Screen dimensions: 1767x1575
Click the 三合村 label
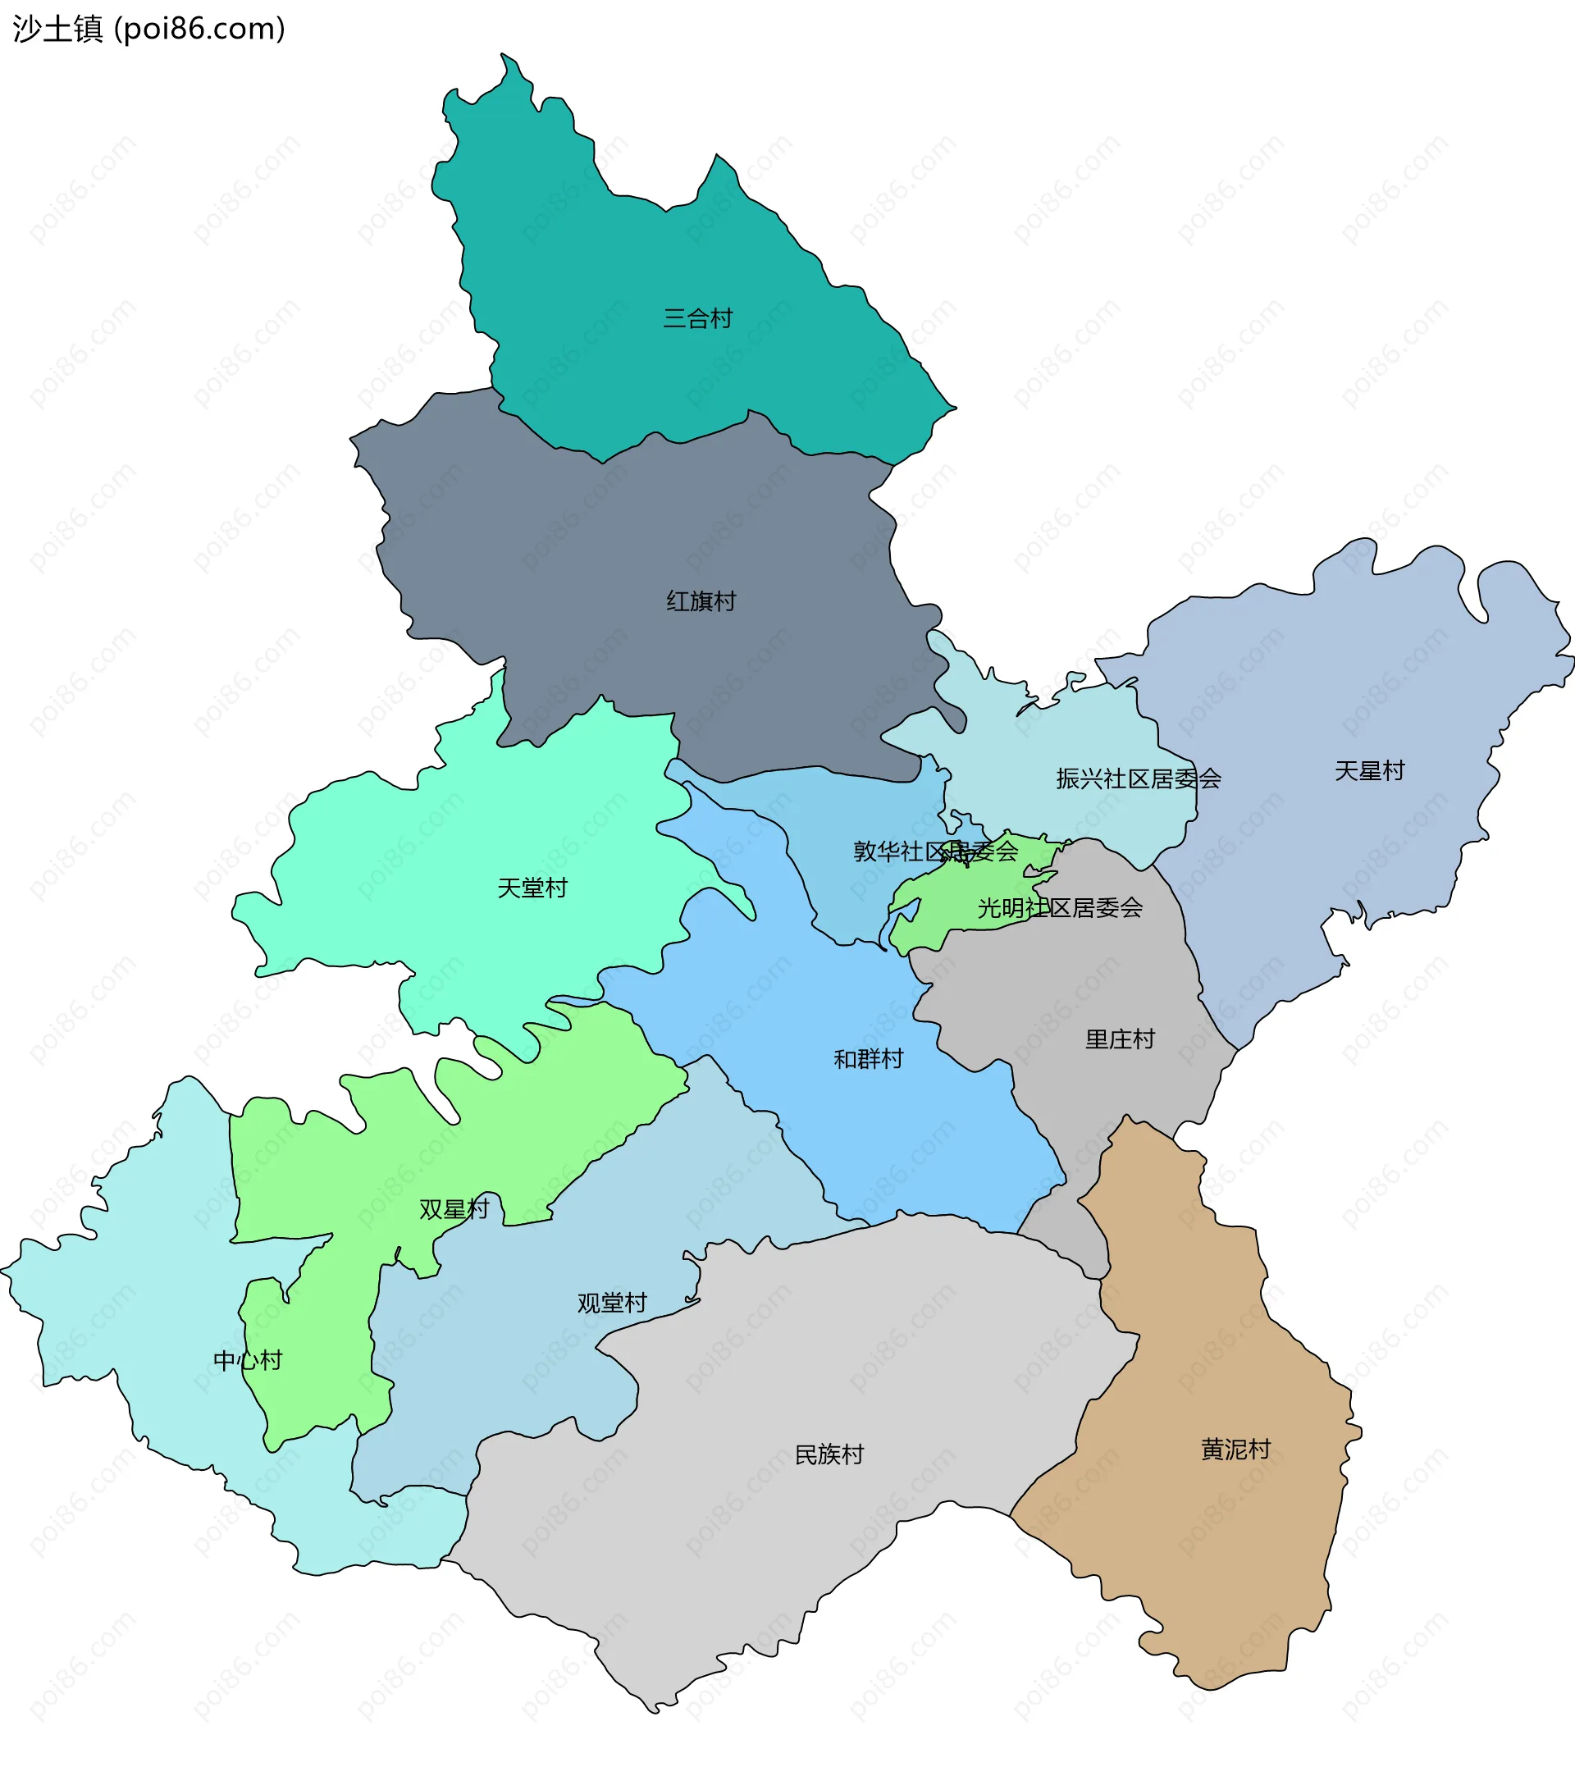coord(697,318)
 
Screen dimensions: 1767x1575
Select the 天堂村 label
coord(532,888)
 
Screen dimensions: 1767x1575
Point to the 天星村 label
coord(1369,771)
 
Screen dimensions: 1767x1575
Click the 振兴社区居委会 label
coord(1138,778)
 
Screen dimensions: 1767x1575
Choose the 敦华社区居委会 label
coord(935,852)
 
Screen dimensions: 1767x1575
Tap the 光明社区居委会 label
coord(1060,908)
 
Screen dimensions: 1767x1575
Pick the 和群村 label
coord(868,1059)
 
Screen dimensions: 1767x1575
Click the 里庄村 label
coord(1120,1039)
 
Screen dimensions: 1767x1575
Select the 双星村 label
coord(454,1209)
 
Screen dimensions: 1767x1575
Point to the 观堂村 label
coord(612,1304)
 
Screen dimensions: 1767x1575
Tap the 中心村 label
coord(248,1361)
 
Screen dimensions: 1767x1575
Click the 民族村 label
coord(829,1454)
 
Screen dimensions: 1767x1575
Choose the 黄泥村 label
coord(1235,1450)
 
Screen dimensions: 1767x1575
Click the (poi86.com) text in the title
coord(200,30)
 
